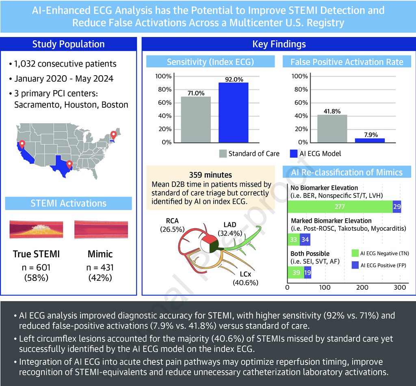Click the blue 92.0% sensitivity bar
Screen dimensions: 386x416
(233, 113)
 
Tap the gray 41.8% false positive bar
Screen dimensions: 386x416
(332, 128)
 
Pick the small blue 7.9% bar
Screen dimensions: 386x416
(370, 140)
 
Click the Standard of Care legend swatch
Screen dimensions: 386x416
(223, 154)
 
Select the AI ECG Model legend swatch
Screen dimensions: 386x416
(294, 154)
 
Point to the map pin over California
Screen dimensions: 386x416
(22, 144)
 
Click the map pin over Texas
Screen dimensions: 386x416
(69, 164)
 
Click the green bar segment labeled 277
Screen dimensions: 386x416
(340, 207)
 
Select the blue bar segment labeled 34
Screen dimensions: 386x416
(305, 240)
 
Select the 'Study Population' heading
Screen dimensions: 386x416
(68, 44)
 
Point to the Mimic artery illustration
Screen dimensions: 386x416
(101, 230)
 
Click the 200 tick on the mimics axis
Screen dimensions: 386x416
(362, 288)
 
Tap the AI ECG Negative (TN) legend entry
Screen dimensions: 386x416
(380, 253)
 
